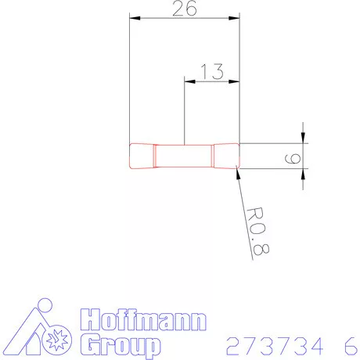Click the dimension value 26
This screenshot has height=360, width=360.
[185, 9]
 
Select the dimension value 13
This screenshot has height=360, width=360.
[212, 71]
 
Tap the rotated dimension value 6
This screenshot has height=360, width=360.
[293, 159]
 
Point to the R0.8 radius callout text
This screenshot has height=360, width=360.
[257, 232]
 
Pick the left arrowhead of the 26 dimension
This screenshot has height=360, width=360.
[135, 18]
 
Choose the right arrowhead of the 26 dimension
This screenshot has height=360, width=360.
[234, 18]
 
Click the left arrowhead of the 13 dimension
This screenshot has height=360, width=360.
[189, 81]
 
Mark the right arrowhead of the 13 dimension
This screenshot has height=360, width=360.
[234, 81]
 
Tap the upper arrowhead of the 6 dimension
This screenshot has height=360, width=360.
[303, 138]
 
